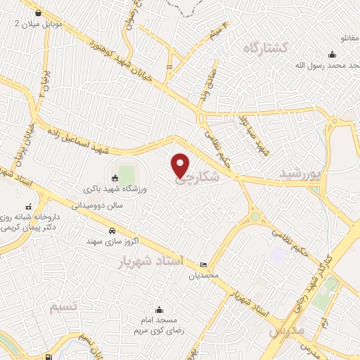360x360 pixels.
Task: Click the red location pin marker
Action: coord(181,165)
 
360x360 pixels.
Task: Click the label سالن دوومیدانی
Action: coord(101,205)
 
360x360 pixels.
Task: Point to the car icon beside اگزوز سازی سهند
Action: coord(112,231)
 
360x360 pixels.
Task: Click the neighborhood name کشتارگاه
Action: coord(266,48)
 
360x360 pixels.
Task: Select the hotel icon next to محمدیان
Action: coord(203,265)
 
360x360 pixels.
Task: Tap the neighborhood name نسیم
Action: coord(64,307)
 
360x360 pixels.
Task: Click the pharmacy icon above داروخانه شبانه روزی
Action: coord(28,207)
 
